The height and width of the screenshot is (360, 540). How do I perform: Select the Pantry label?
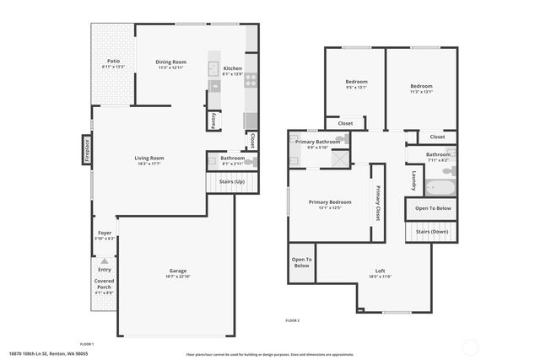click(214, 121)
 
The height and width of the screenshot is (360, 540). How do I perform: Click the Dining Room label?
click(170, 62)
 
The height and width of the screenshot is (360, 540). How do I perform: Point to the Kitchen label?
click(232, 68)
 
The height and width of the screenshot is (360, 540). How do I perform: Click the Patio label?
click(113, 61)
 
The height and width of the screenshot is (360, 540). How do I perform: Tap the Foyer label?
click(105, 232)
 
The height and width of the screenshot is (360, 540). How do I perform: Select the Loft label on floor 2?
click(380, 271)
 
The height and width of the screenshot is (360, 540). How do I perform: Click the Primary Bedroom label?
click(329, 202)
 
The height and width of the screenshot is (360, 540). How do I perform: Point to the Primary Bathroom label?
click(317, 142)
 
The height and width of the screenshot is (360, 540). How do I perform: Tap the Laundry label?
click(413, 180)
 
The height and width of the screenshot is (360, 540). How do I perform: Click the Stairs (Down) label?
click(432, 231)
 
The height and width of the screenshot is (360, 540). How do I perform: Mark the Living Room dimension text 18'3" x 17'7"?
click(148, 164)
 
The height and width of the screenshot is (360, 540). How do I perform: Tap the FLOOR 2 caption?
click(292, 321)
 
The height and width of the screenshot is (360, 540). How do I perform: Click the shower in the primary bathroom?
click(337, 157)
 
